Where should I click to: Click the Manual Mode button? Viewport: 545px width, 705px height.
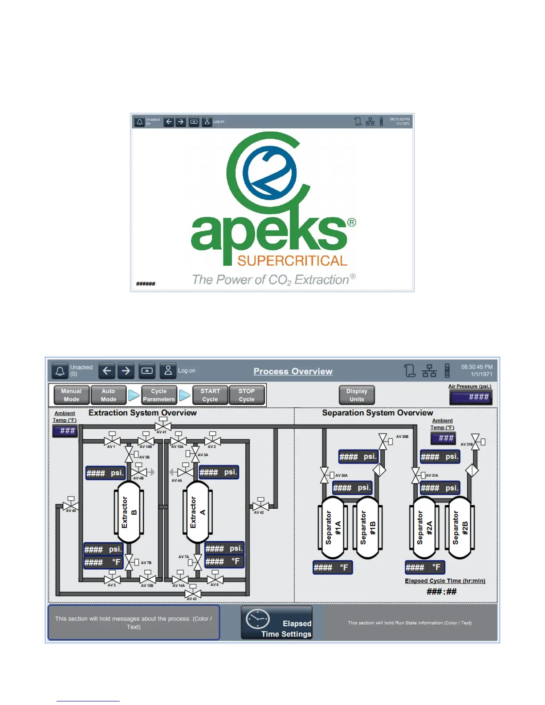click(x=71, y=395)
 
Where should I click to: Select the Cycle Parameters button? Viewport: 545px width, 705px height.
click(x=159, y=395)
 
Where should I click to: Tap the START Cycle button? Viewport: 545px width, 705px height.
click(x=210, y=395)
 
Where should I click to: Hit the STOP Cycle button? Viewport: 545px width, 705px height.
click(x=247, y=395)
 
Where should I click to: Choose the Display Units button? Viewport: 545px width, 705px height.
click(x=357, y=395)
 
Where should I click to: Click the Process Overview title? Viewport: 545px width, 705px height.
click(x=293, y=371)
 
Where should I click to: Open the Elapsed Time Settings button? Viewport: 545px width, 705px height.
click(x=277, y=623)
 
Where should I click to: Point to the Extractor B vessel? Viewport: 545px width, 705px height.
click(x=129, y=512)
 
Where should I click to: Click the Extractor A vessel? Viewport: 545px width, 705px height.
click(x=198, y=512)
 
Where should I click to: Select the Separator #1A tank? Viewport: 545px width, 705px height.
click(x=333, y=527)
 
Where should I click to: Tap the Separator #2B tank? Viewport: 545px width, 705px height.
click(x=460, y=527)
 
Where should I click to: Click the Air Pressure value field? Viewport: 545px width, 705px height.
click(x=471, y=397)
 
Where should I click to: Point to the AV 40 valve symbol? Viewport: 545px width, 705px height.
click(x=71, y=506)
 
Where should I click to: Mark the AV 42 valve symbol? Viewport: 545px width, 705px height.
click(x=260, y=506)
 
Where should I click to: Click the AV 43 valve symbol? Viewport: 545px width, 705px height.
click(x=193, y=593)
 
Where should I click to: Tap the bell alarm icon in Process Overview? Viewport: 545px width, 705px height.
click(x=60, y=371)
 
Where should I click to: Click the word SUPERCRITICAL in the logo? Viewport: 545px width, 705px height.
click(x=292, y=261)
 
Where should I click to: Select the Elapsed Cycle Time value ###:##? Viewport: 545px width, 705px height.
click(x=441, y=592)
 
